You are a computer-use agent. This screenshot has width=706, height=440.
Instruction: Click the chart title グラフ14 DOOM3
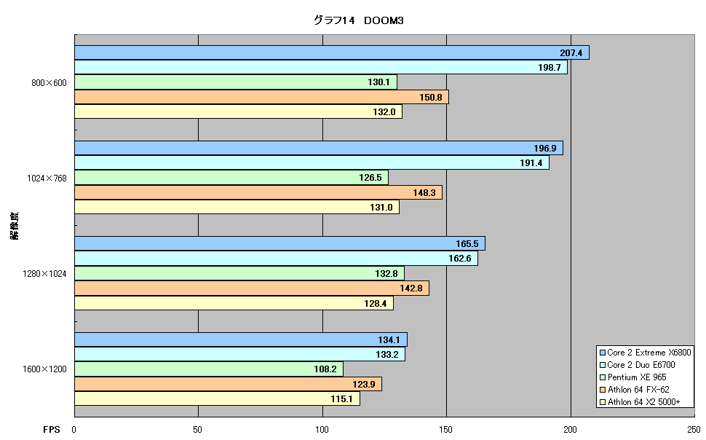click(358, 20)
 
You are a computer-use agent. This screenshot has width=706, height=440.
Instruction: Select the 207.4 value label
click(571, 52)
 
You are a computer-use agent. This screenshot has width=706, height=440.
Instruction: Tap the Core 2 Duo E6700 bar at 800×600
click(320, 67)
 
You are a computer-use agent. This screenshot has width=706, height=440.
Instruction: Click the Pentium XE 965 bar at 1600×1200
click(208, 369)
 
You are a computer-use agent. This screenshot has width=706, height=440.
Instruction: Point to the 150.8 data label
click(430, 97)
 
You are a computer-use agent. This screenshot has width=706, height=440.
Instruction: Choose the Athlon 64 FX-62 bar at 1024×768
click(258, 192)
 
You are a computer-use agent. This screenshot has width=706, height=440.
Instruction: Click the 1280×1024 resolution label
click(44, 274)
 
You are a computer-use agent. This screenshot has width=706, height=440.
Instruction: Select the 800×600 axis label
click(49, 83)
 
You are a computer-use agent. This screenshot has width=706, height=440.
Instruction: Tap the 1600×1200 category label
click(44, 369)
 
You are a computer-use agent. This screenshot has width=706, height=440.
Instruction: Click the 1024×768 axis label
click(47, 178)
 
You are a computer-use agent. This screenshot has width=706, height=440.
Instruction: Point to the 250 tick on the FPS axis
click(694, 430)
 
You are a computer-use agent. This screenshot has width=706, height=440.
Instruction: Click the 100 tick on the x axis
click(322, 430)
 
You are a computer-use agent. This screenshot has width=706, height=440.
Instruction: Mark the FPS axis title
click(52, 430)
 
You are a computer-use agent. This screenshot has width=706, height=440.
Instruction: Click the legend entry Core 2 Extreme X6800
click(645, 353)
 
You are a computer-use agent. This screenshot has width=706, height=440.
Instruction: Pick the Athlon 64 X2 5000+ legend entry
click(640, 402)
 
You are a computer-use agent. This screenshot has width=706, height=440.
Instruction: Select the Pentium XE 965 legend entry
click(632, 377)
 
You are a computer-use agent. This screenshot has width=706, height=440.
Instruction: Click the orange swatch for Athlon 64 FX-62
click(603, 390)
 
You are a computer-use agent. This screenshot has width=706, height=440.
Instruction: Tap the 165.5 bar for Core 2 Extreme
click(279, 243)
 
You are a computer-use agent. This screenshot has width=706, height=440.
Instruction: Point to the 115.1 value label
click(341, 399)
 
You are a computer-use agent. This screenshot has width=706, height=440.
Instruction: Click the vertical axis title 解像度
click(15, 225)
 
